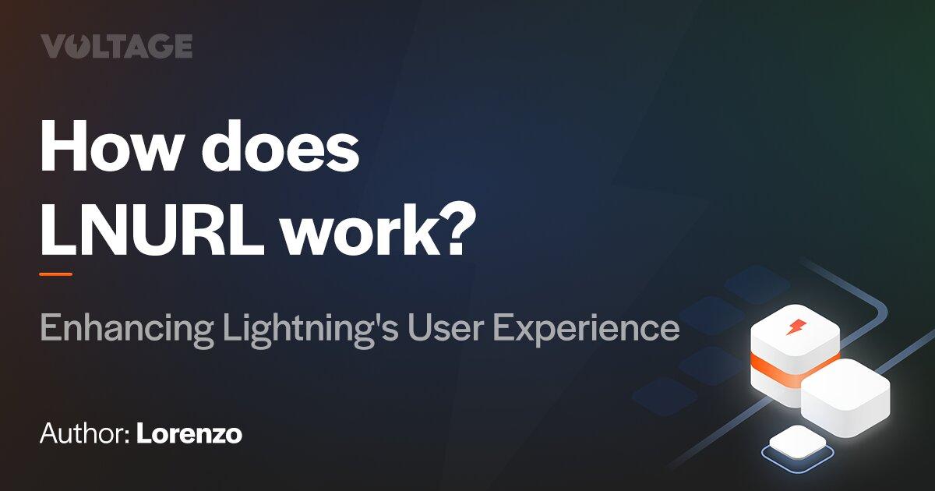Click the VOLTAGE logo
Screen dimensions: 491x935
(116, 47)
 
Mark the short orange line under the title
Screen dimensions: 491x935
(55, 274)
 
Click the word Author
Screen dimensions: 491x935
(82, 434)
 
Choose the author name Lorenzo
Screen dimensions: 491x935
(189, 434)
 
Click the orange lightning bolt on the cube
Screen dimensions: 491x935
(796, 326)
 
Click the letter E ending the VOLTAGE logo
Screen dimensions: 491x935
(182, 47)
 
